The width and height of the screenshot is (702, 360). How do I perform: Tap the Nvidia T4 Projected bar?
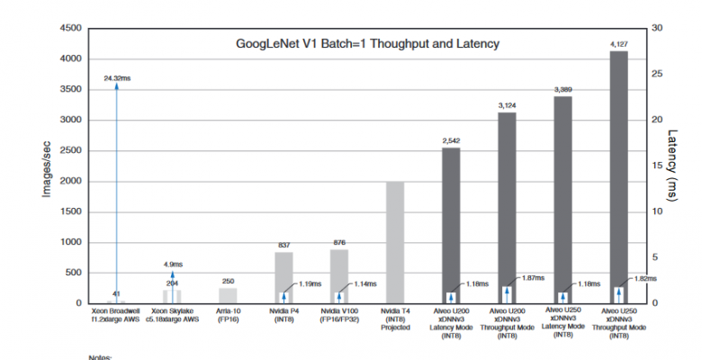click(x=395, y=242)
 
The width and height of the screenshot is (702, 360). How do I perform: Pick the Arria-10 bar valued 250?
click(x=228, y=295)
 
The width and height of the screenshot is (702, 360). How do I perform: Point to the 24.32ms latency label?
click(x=117, y=78)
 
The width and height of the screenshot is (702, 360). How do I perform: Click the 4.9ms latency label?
click(x=172, y=264)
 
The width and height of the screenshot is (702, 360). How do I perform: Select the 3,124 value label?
click(x=507, y=105)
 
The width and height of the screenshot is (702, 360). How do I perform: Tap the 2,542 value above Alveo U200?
click(x=451, y=140)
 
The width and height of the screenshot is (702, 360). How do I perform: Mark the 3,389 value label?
click(x=562, y=89)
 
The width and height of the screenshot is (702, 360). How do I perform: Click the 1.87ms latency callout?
click(x=534, y=278)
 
